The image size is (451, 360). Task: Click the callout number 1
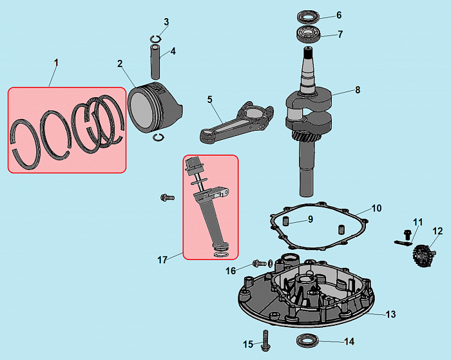56,62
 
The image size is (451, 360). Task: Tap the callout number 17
162,260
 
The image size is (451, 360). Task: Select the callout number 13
390,314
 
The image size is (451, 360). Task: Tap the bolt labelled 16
259,263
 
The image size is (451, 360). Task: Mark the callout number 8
358,90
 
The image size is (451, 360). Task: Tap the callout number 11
417,222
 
